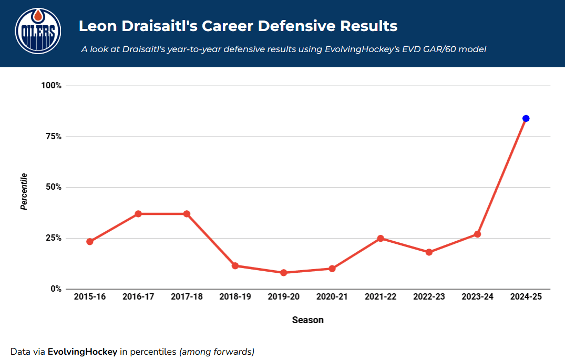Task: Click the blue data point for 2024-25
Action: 526,118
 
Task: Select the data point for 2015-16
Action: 90,242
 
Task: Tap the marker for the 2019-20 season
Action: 283,273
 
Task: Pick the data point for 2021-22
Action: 381,238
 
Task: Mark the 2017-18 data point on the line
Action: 187,214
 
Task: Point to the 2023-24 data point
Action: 477,234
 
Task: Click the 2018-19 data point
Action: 235,265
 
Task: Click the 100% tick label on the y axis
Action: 52,86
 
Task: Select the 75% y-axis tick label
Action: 54,137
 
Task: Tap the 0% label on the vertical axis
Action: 56,289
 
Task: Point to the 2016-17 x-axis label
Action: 138,297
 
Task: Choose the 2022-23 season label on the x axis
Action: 429,297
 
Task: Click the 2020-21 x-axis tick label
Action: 332,297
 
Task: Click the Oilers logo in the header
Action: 38,32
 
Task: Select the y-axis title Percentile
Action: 24,191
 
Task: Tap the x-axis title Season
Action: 308,320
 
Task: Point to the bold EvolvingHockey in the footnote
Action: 83,352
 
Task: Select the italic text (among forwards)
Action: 217,352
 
